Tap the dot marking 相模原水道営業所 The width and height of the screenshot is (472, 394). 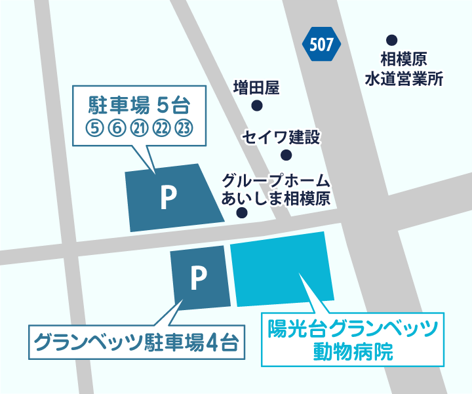click(391, 39)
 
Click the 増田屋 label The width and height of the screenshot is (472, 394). click(256, 87)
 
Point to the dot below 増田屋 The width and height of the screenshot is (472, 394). click(257, 106)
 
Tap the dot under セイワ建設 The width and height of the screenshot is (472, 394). click(286, 155)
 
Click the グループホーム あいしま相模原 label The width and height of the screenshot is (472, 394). click(275, 189)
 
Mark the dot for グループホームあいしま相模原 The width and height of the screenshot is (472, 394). click(242, 213)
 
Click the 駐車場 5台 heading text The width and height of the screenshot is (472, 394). click(138, 105)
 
